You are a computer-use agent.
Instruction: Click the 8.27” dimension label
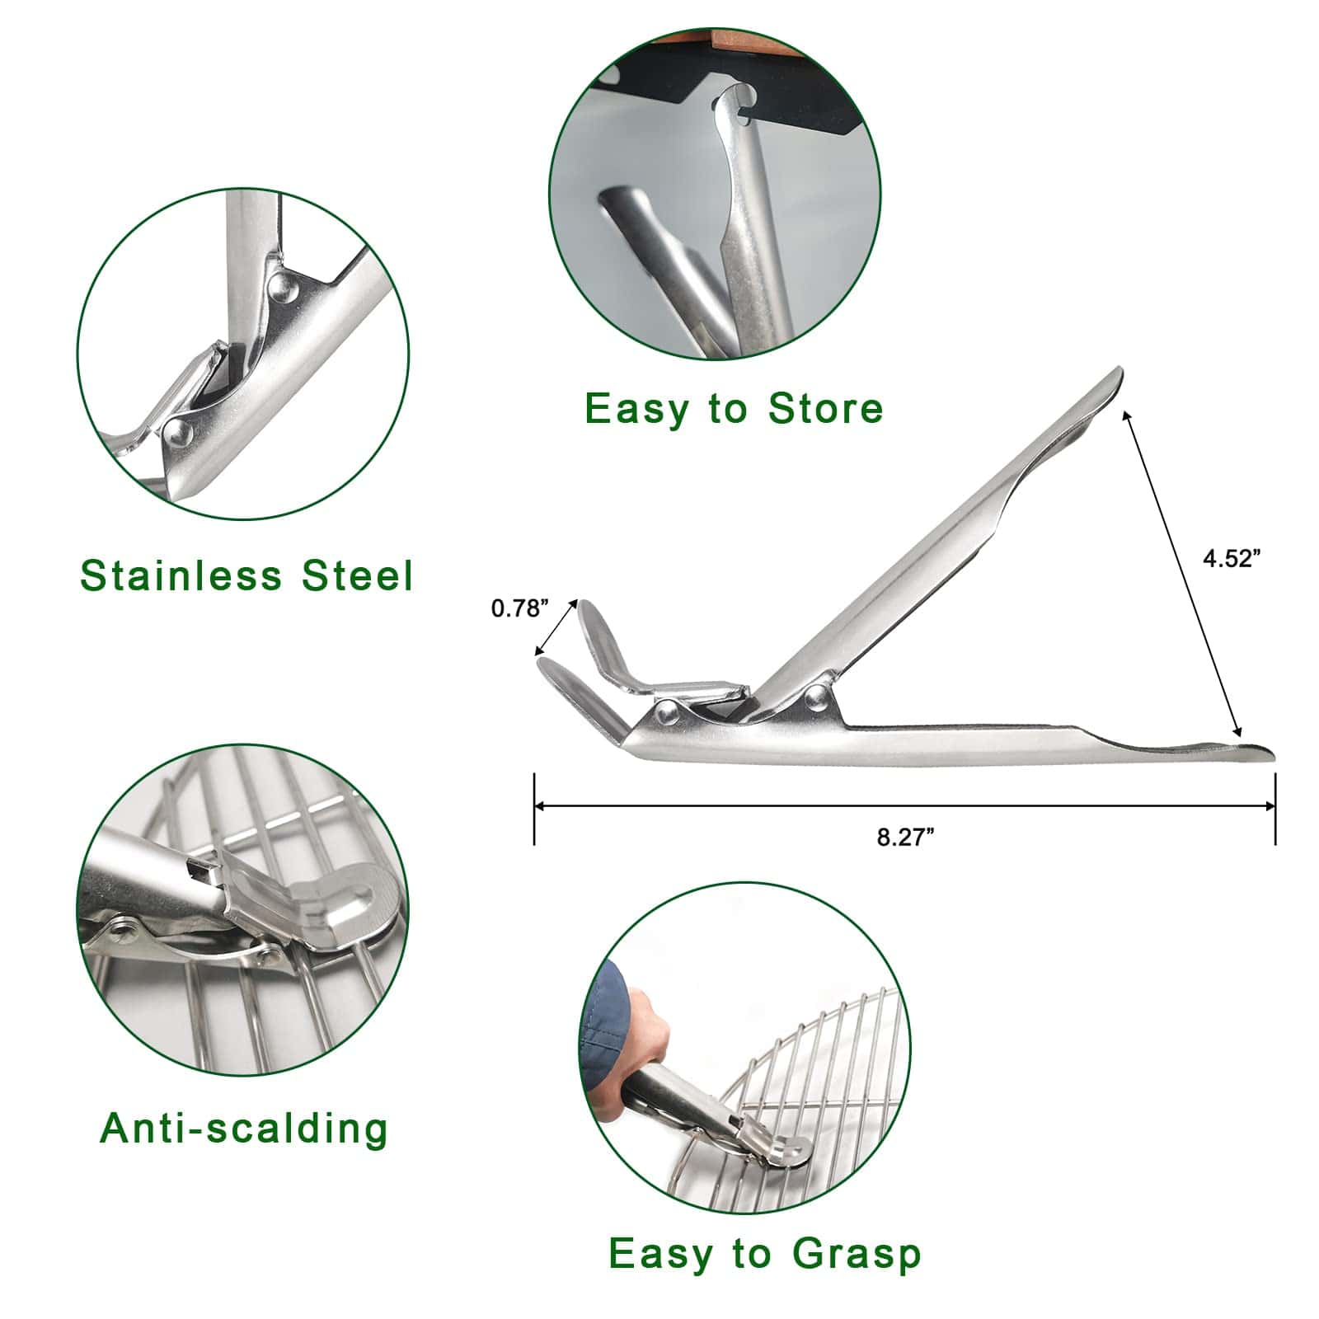coord(905,838)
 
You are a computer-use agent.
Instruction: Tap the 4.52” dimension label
coord(1232,558)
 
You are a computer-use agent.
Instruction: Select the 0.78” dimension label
coord(520,608)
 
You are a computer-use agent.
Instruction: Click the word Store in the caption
coord(825,408)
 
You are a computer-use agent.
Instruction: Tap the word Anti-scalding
coord(244,1127)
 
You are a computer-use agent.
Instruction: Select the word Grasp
coord(857,1255)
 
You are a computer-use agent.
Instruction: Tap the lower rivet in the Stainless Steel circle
coord(176,429)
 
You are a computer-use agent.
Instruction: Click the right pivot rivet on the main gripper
coord(816,697)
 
